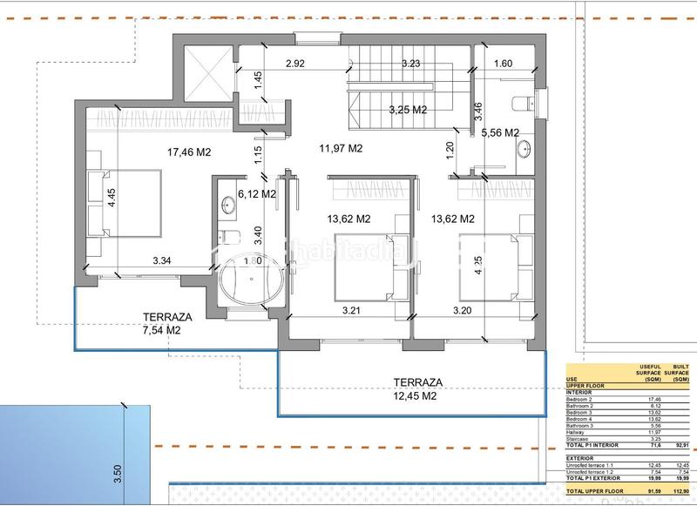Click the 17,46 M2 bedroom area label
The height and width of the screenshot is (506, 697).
pyautogui.click(x=189, y=152)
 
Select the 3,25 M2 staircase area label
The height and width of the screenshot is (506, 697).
pyautogui.click(x=407, y=110)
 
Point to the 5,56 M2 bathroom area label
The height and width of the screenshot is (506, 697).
pyautogui.click(x=500, y=132)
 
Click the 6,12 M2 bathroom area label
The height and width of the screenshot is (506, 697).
pyautogui.click(x=256, y=193)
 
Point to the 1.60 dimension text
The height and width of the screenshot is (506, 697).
pyautogui.click(x=504, y=64)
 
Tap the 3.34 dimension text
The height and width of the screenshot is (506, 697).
pyautogui.click(x=162, y=260)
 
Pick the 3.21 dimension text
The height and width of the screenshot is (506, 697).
pyautogui.click(x=351, y=308)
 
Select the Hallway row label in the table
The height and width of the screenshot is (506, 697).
pyautogui.click(x=578, y=430)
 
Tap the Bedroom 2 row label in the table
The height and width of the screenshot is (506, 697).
pyautogui.click(x=581, y=399)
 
